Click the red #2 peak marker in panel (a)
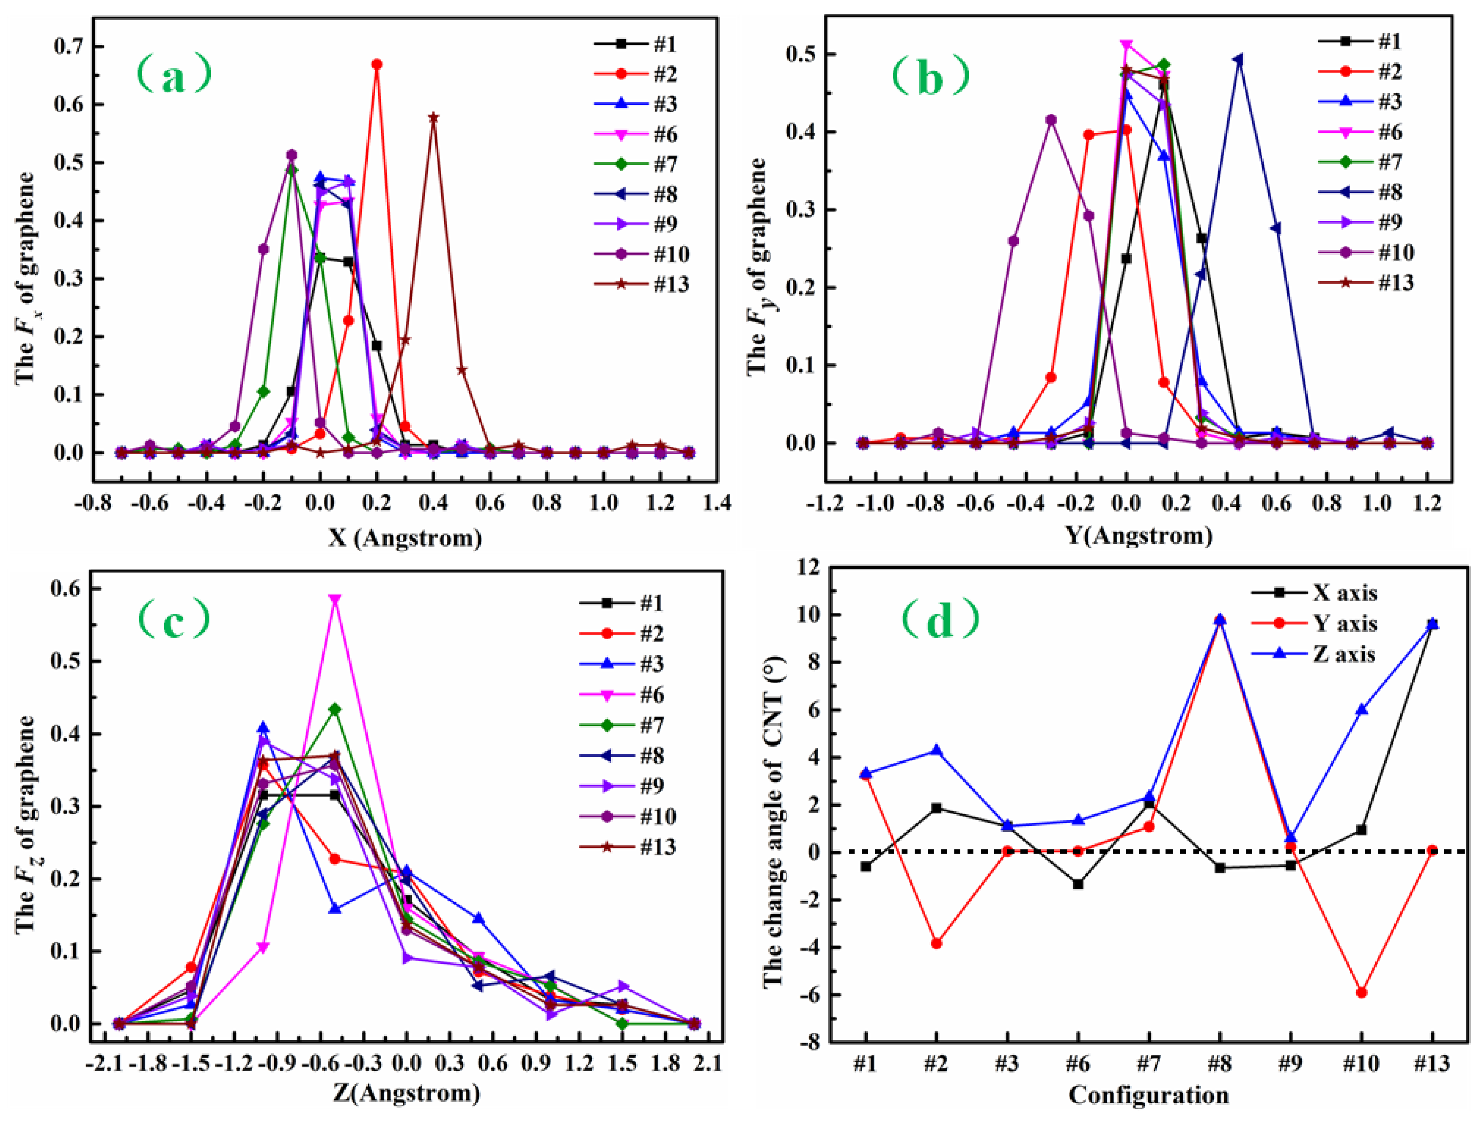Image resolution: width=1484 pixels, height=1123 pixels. (x=377, y=64)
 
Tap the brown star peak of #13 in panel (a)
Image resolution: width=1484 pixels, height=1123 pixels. (x=434, y=118)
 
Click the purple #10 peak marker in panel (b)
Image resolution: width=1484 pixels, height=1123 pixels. (x=1051, y=120)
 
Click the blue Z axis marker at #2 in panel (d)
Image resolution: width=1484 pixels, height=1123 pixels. (x=936, y=750)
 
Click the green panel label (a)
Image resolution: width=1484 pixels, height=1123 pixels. (x=174, y=75)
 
